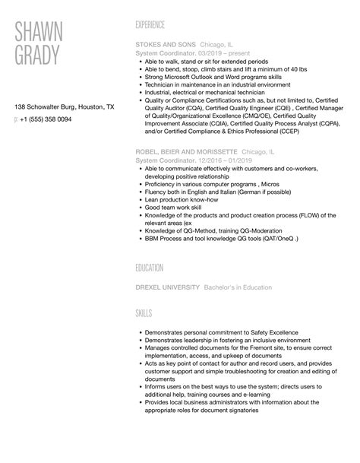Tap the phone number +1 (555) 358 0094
coord(46,120)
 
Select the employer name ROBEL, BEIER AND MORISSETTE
coord(186,152)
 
